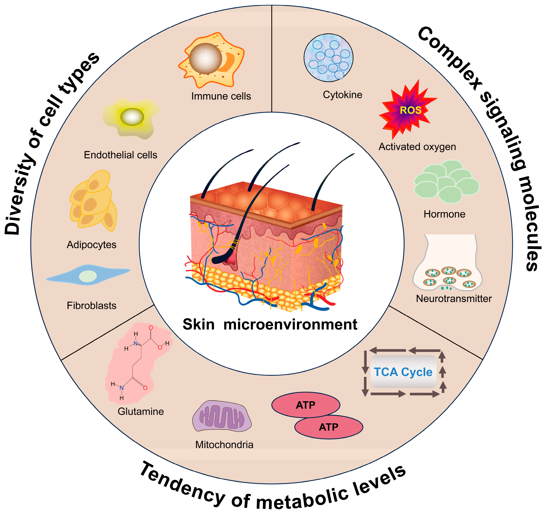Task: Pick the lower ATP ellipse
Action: point(329,427)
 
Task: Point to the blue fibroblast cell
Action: point(88,275)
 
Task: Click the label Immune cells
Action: point(221,96)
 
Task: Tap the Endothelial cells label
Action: point(120,155)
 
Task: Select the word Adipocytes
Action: point(91,244)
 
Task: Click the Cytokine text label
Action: point(342,95)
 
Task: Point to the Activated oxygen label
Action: point(417,147)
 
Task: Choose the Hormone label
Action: point(444,214)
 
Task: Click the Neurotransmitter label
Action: point(454,298)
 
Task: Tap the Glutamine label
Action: point(141,411)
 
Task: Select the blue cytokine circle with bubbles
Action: point(328,58)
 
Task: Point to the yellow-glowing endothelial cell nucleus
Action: point(132,117)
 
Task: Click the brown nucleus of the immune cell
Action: point(205,59)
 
